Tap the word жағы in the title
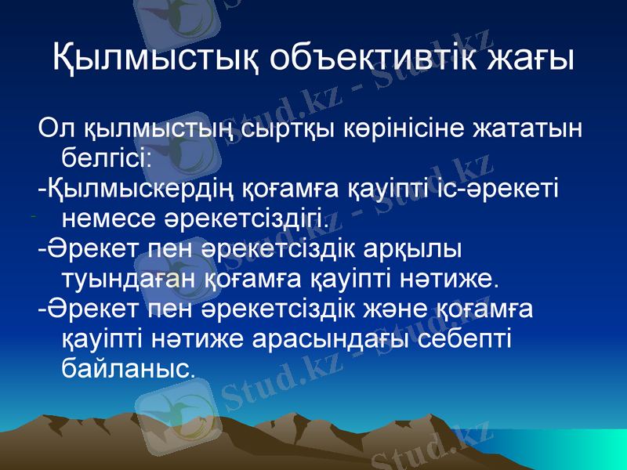pos(531,57)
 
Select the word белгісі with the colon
pos(106,157)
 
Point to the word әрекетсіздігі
pos(251,215)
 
